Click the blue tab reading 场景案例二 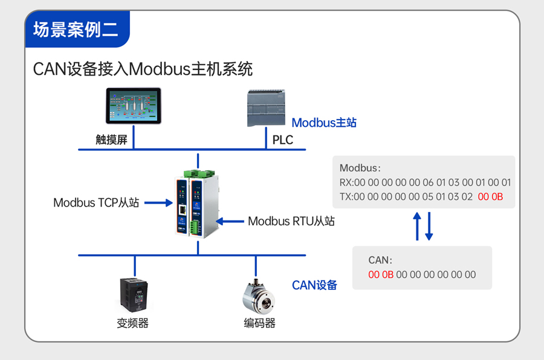tap(76, 30)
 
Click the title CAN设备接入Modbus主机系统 tap(143, 68)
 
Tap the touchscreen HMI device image tap(134, 106)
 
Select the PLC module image tap(265, 108)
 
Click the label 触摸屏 tap(111, 140)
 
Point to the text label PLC tap(282, 140)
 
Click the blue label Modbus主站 tap(324, 123)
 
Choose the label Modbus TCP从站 tap(96, 203)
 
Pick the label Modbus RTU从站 tap(291, 221)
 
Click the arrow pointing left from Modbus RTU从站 tap(229, 221)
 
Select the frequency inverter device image tap(134, 294)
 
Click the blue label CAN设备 tap(314, 285)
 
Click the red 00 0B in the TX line tap(490, 197)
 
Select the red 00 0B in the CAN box tap(381, 275)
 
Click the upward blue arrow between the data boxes tap(417, 226)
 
